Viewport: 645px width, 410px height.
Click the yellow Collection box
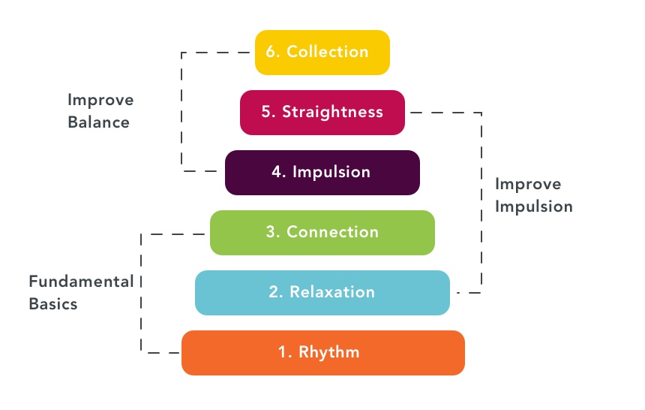pyautogui.click(x=322, y=53)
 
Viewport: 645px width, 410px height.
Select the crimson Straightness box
pyautogui.click(x=322, y=113)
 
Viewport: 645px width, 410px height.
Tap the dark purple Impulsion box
pyautogui.click(x=322, y=173)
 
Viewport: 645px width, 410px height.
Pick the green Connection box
pyautogui.click(x=322, y=232)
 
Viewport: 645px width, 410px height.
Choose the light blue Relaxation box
pyautogui.click(x=322, y=292)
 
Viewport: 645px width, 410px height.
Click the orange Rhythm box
pyautogui.click(x=323, y=352)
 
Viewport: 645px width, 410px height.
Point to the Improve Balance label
pyautogui.click(x=100, y=110)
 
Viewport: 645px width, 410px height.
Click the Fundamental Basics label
pyautogui.click(x=81, y=293)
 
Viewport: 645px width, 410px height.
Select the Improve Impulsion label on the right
pyautogui.click(x=533, y=195)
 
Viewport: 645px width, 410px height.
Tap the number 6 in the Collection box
pyautogui.click(x=271, y=52)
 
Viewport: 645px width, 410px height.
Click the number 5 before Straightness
pyautogui.click(x=266, y=112)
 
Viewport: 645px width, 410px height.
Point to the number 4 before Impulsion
pyautogui.click(x=276, y=172)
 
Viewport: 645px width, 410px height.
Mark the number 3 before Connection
pyautogui.click(x=271, y=232)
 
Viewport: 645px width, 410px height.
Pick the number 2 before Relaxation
pyautogui.click(x=274, y=291)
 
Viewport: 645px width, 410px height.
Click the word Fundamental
pyautogui.click(x=81, y=282)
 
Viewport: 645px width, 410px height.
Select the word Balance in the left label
pyautogui.click(x=98, y=122)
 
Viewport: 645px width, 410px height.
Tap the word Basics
pyautogui.click(x=53, y=304)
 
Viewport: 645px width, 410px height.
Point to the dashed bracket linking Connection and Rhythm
pyautogui.click(x=141, y=293)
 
